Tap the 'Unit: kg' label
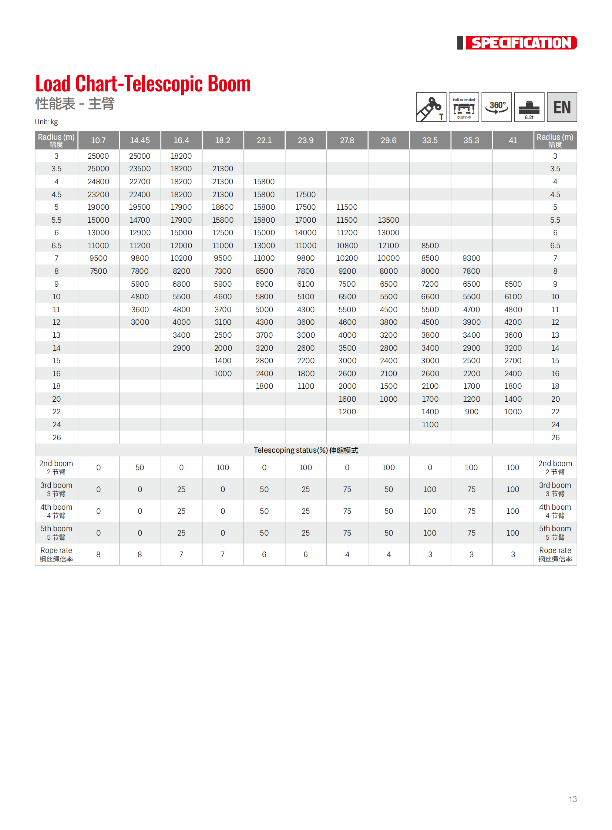coord(46,122)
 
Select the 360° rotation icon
coord(497,107)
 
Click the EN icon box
coord(562,107)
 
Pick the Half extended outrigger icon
coord(464,107)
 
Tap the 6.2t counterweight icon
coord(529,107)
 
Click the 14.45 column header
coord(139,141)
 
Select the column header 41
coord(513,141)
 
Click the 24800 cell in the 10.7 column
coord(98,182)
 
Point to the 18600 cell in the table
coord(223,207)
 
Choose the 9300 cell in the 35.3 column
coord(471,258)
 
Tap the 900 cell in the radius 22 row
coord(471,411)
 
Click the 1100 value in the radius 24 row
coord(430,425)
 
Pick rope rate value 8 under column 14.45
coord(139,554)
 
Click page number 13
coord(572,799)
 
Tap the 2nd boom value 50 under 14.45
coord(139,468)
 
